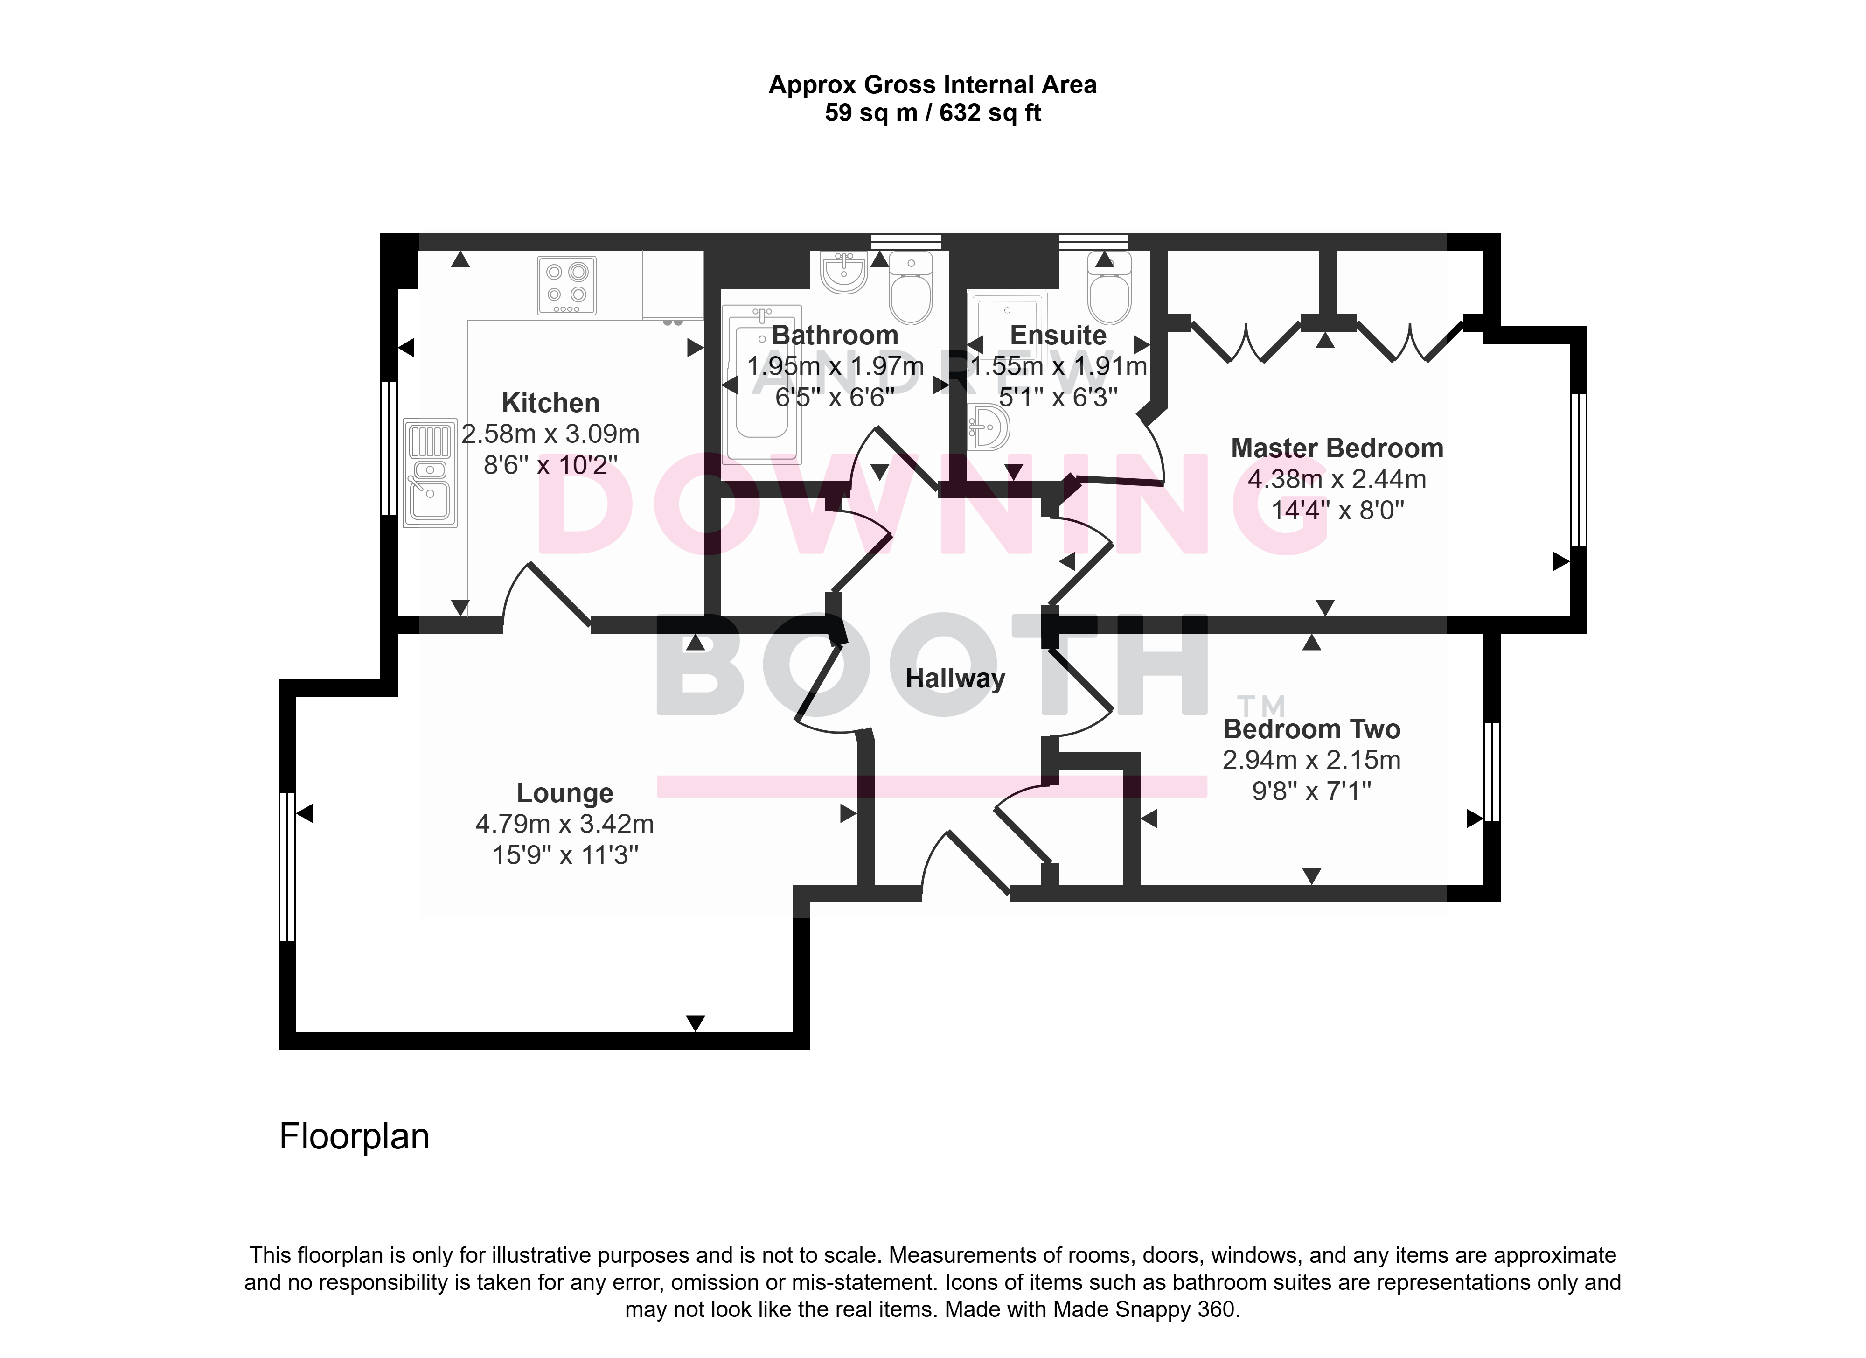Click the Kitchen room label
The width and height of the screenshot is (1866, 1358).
(x=550, y=403)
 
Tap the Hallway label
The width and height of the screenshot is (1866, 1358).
(x=955, y=679)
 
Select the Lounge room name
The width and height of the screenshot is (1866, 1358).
(x=565, y=793)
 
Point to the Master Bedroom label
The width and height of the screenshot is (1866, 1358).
(x=1337, y=448)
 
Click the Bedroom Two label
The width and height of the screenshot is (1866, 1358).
(x=1311, y=729)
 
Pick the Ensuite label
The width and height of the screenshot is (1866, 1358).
(x=1058, y=336)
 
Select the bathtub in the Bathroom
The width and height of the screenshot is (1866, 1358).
(x=762, y=384)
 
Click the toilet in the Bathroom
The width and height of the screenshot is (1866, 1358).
(x=911, y=287)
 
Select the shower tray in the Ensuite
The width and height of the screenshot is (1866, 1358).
(x=1007, y=329)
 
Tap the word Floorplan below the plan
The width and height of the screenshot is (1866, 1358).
(x=355, y=1137)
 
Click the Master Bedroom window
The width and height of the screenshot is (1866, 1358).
(x=1578, y=470)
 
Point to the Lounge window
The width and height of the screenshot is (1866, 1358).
(x=287, y=867)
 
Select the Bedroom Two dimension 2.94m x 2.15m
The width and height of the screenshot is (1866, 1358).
(x=1311, y=761)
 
